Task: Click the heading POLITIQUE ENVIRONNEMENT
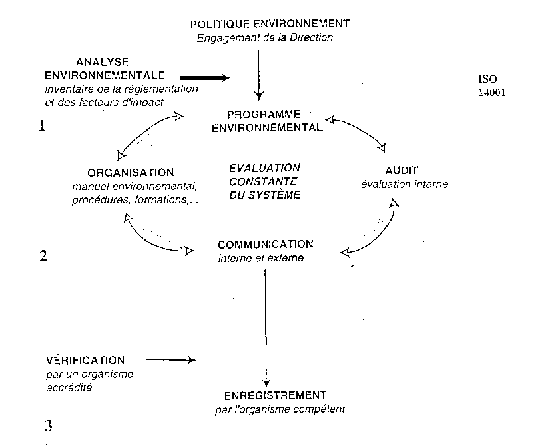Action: pos(270,24)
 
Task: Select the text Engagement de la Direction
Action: pos(264,37)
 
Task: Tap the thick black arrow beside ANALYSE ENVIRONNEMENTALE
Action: pos(204,77)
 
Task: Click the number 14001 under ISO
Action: pos(491,93)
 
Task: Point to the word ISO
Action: pos(487,79)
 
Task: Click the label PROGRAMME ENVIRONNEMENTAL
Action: pos(266,121)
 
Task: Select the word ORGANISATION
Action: pos(131,172)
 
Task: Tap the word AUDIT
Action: pos(402,171)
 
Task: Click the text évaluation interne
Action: pos(404,184)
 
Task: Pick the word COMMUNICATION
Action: pos(265,245)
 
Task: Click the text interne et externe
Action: pos(260,258)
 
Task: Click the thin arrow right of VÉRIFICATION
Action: pos(170,360)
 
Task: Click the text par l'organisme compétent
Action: pos(280,409)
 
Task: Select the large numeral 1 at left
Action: pos(42,125)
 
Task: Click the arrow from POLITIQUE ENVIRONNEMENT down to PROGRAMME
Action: pos(260,73)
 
